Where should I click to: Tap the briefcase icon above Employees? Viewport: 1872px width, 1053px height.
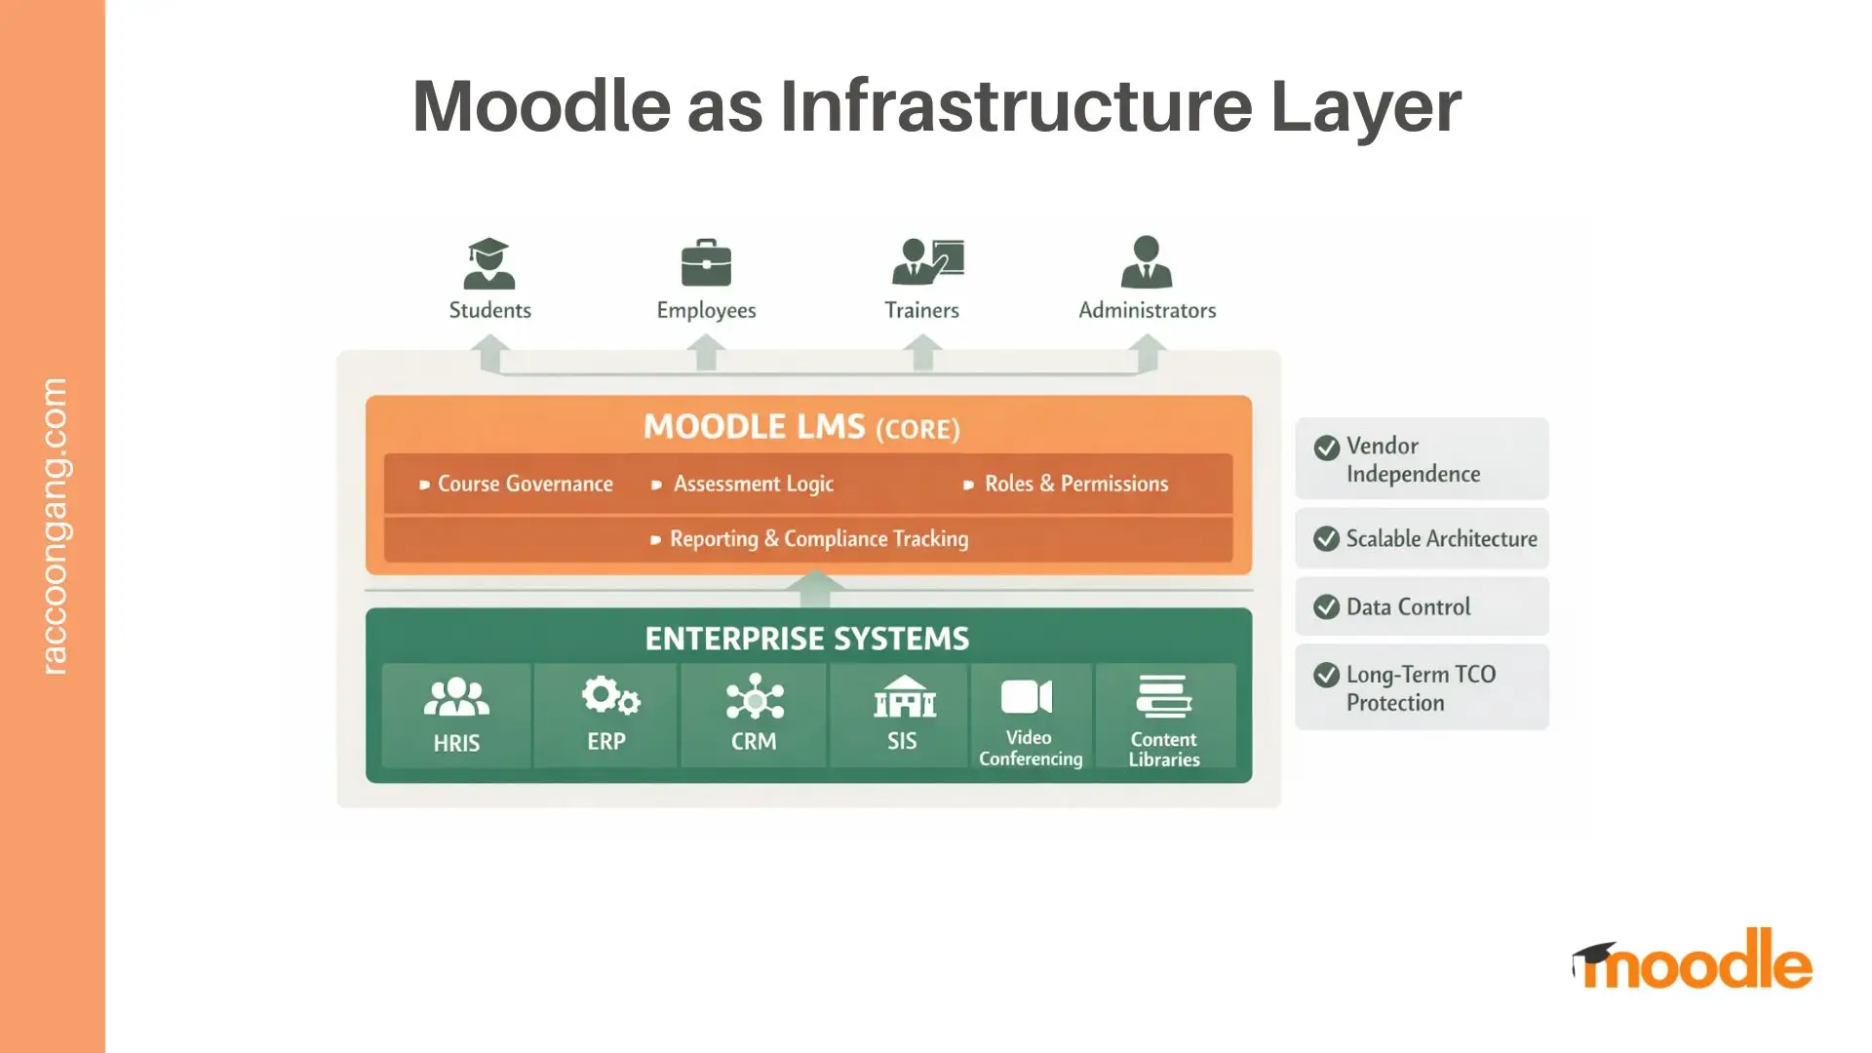point(706,262)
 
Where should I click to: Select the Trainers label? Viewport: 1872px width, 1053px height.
point(921,310)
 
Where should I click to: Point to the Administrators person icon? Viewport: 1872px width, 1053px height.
point(1147,261)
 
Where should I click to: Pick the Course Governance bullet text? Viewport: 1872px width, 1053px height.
point(525,484)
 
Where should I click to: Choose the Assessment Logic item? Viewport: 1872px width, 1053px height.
point(753,484)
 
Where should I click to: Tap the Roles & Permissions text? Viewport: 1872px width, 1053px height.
point(1075,484)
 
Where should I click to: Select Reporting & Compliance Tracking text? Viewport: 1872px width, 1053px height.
point(818,539)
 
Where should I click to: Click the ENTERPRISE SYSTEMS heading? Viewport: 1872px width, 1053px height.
point(807,639)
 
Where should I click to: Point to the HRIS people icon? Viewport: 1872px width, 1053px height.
point(456,698)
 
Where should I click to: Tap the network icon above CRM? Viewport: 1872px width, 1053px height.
point(755,699)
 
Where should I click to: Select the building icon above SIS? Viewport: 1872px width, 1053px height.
point(904,696)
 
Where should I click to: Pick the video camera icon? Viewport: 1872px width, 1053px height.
point(1027,697)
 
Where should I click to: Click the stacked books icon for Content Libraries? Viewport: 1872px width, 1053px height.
point(1164,697)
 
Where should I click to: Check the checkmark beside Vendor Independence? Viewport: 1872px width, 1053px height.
point(1326,448)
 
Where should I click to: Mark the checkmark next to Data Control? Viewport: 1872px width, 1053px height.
point(1326,606)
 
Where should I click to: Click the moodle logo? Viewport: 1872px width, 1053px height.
point(1694,960)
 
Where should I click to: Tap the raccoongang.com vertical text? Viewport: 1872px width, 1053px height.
point(55,526)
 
